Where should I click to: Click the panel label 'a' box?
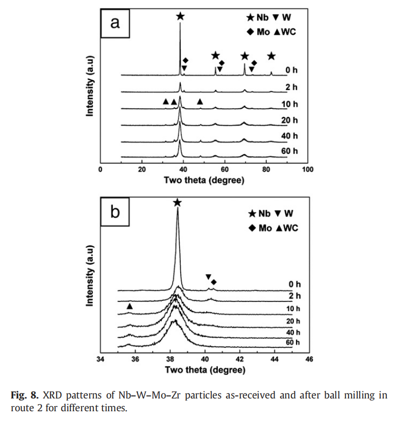115,23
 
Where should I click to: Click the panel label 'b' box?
115,212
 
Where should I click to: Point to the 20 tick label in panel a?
142,170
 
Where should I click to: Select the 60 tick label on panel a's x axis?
225,170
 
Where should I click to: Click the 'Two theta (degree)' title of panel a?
204,180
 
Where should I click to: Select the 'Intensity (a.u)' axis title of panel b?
90,275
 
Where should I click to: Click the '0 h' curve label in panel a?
291,70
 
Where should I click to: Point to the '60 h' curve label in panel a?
289,151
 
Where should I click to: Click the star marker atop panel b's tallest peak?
177,203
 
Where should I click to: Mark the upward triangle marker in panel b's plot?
130,306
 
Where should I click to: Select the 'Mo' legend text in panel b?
265,228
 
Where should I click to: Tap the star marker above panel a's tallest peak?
180,16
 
